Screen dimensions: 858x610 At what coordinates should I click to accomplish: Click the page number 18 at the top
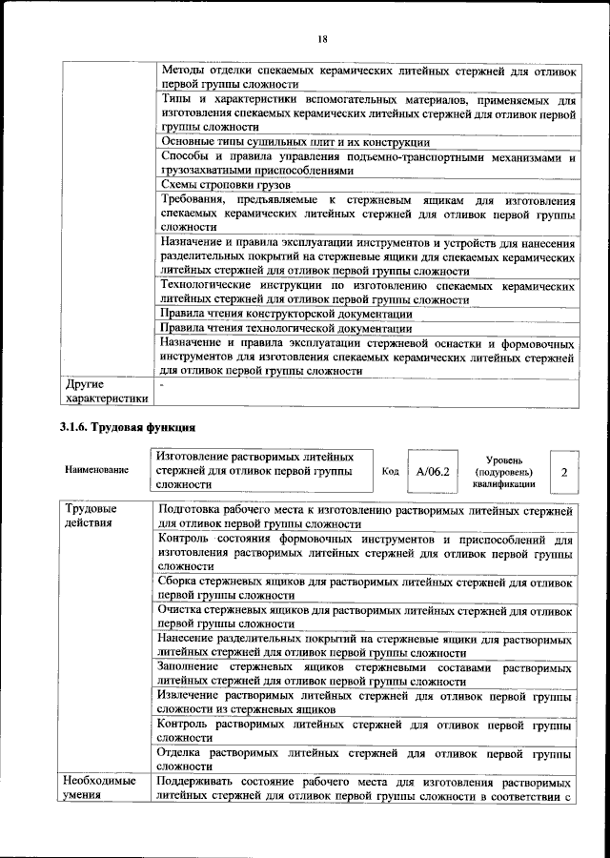(x=322, y=39)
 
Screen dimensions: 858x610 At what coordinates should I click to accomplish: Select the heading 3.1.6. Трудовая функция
(x=128, y=425)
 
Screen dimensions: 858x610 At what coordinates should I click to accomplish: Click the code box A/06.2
(x=432, y=471)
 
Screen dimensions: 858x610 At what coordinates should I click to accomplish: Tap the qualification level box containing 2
(x=563, y=472)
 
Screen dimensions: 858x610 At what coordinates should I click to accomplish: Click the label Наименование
(x=97, y=472)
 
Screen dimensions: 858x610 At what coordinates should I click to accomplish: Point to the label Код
(x=390, y=472)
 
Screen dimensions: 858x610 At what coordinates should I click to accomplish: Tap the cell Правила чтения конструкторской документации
(x=286, y=314)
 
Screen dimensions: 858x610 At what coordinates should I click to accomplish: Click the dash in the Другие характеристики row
(x=163, y=384)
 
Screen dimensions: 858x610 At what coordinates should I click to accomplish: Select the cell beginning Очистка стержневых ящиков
(x=366, y=616)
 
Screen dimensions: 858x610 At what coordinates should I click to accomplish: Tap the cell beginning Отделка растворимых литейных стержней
(x=366, y=759)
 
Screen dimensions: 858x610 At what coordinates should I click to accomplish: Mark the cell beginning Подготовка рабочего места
(x=366, y=516)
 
